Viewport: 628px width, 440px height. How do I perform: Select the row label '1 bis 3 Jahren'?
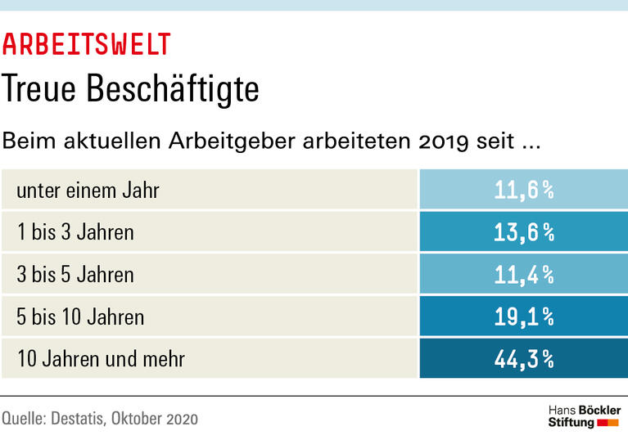[x=75, y=232]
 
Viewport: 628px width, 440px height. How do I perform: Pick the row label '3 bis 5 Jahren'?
[x=75, y=274]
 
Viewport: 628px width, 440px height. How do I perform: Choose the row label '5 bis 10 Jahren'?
[x=80, y=317]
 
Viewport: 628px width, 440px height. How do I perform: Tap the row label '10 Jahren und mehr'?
[x=101, y=358]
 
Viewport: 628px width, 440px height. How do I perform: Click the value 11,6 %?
[x=524, y=190]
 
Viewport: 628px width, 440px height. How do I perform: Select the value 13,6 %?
[x=524, y=232]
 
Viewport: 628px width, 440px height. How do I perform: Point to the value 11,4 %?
[x=524, y=274]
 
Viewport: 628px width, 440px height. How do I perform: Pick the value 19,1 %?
[x=524, y=317]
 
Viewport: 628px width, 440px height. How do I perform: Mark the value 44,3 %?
[x=524, y=358]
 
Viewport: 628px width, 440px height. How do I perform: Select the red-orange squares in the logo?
[x=608, y=423]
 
